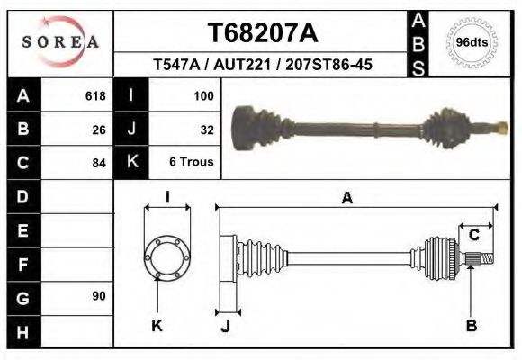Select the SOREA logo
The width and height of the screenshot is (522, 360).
pos(60,42)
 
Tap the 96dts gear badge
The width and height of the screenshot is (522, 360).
pos(472,42)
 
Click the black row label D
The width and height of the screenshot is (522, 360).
pos(23,196)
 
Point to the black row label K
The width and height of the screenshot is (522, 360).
pos(131,163)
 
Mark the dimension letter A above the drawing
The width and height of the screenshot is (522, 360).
pos(346,199)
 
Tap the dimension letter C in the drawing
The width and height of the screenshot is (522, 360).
pos(473,236)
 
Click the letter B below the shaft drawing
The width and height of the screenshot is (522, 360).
pos(471,325)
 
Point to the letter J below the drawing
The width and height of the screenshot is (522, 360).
pos(226,326)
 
